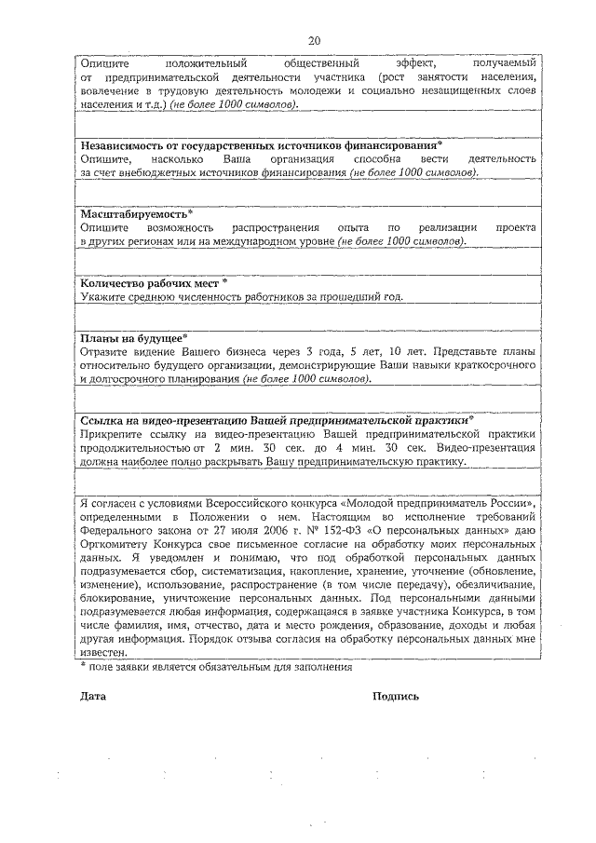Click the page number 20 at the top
pos(314,40)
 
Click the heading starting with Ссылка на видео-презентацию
pos(278,420)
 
